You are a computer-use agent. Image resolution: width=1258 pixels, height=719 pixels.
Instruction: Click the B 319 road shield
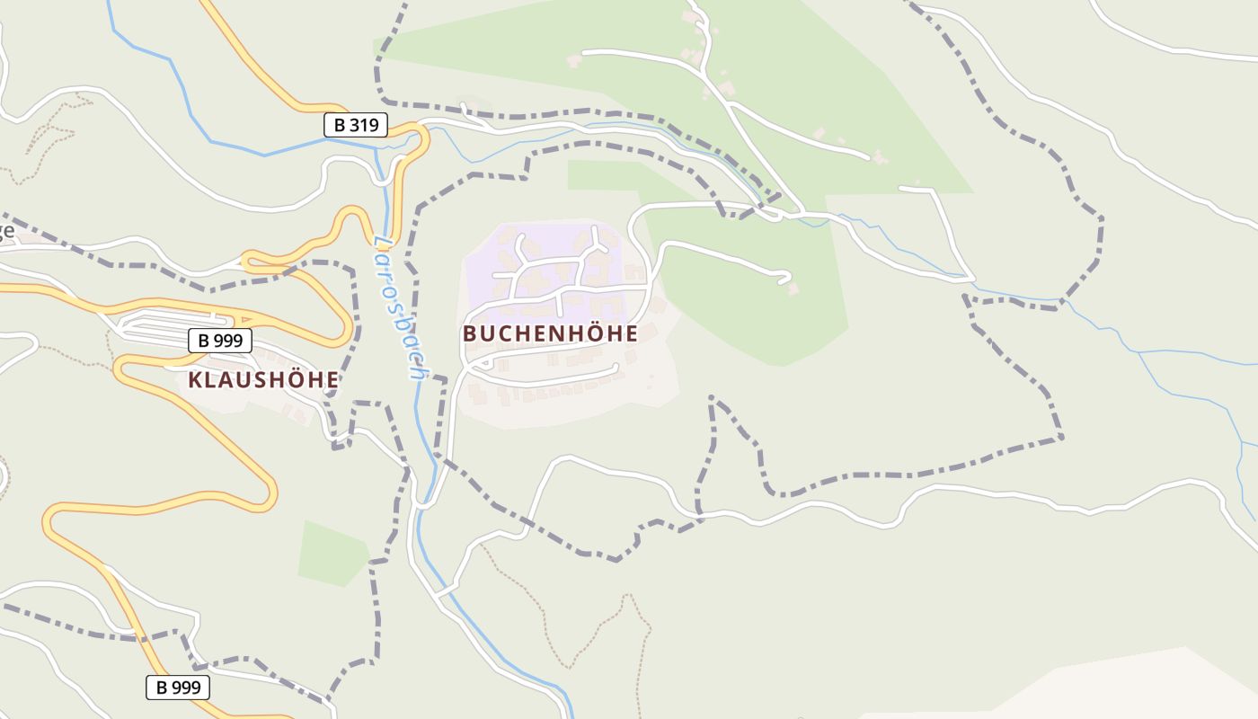click(355, 126)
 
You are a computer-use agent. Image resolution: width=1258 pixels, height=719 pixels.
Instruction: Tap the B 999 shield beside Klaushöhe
click(219, 341)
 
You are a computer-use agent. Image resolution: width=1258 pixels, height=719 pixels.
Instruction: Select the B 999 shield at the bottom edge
click(177, 688)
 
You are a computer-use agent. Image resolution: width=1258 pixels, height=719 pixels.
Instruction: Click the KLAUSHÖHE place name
click(263, 380)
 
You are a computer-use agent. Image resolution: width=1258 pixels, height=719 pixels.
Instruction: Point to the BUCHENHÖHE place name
click(550, 333)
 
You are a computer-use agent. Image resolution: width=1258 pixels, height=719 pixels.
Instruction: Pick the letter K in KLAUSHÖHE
click(195, 380)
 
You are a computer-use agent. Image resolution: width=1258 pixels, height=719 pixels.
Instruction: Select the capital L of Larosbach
click(382, 243)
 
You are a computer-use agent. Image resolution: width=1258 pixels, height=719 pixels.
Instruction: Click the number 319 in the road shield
click(363, 126)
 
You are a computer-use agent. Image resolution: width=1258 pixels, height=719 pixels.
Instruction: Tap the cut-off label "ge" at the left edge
click(5, 231)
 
